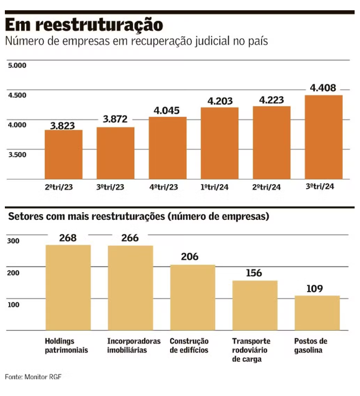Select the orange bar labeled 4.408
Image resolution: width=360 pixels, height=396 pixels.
[324, 137]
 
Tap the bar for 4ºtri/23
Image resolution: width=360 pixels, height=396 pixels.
[167, 148]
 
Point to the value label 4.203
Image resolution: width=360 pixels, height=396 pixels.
[220, 100]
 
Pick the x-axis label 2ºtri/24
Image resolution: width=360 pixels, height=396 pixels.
[271, 187]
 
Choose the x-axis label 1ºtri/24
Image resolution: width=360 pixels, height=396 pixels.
[219, 187]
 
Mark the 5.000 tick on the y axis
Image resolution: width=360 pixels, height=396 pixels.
[17, 66]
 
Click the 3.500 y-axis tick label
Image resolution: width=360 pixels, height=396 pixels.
[17, 155]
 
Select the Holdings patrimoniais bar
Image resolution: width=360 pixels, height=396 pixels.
[68, 287]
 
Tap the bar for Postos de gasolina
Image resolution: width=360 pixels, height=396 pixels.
[317, 313]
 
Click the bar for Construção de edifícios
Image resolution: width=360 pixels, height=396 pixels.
[193, 297]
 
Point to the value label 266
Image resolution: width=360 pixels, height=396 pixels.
[130, 238]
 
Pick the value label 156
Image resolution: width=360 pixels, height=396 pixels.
[254, 273]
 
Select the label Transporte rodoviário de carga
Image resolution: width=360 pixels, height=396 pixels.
[251, 350]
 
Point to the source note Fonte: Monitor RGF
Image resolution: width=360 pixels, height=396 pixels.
[33, 376]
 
